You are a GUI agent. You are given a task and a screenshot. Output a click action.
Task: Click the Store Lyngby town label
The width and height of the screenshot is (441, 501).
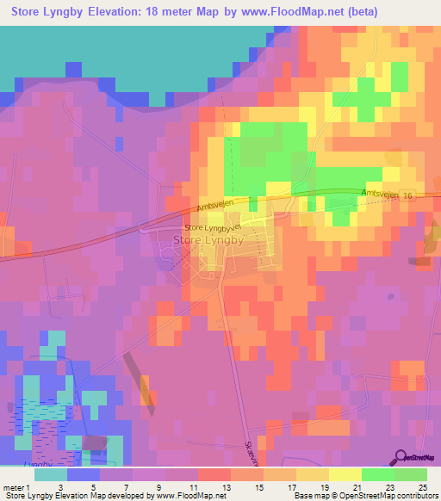208,241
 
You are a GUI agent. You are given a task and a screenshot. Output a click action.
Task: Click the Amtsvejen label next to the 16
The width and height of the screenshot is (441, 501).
382,195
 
